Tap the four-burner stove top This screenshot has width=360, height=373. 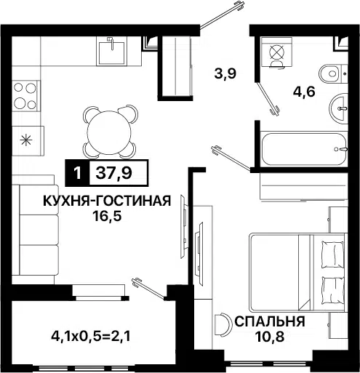[x=25, y=96]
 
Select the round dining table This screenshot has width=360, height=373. [x=109, y=133]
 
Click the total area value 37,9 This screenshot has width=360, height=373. [x=113, y=173]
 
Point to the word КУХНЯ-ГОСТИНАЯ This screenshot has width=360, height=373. [x=107, y=201]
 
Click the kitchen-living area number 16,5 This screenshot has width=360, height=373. [x=107, y=216]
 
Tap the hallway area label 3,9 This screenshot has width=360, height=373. [x=225, y=73]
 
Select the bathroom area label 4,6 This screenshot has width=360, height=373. [x=304, y=92]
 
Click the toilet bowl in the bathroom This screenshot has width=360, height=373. [x=333, y=73]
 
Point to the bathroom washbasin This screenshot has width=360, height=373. [x=338, y=108]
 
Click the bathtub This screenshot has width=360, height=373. [x=305, y=149]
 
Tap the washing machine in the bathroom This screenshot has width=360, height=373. [x=276, y=52]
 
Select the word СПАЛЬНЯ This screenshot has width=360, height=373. [x=269, y=321]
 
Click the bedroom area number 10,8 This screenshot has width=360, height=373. [x=269, y=337]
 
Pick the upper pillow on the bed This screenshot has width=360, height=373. [x=332, y=254]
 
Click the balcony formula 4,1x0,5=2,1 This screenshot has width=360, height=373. [x=91, y=336]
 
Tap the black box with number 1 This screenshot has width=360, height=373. [x=77, y=173]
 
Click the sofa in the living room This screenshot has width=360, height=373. [x=36, y=229]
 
